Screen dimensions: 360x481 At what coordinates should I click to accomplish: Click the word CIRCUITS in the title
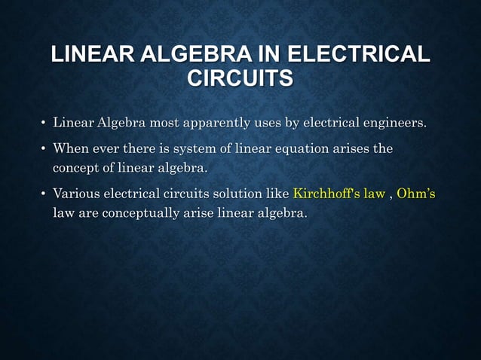(240, 78)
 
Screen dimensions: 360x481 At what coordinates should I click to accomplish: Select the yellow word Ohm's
(416, 194)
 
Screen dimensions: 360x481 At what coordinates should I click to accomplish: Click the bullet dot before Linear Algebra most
(43, 124)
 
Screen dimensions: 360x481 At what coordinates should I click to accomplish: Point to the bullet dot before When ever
(43, 149)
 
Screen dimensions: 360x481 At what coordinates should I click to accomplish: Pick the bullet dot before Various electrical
(43, 194)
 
